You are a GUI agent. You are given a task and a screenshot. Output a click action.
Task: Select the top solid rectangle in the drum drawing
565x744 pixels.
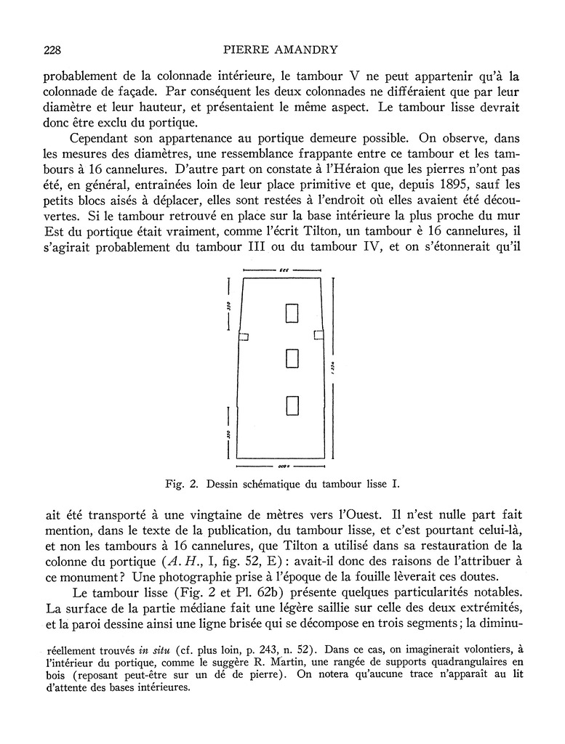[x=292, y=312]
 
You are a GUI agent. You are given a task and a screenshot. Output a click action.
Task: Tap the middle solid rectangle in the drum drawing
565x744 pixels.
[x=292, y=359]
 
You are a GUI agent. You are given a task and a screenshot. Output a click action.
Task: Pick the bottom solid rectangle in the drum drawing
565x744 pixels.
[x=292, y=405]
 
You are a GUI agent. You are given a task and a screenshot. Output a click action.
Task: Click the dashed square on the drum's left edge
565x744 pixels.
[x=244, y=336]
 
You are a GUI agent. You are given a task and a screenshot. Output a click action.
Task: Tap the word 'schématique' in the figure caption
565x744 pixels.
[x=272, y=483]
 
